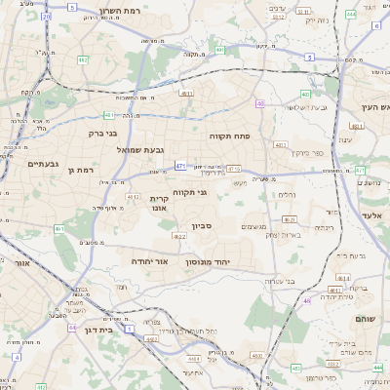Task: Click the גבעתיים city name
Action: coord(44,164)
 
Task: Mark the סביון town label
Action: coord(202,226)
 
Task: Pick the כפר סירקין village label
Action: coord(305,153)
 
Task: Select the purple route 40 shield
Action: coord(260,102)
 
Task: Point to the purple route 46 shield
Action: coord(306,300)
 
